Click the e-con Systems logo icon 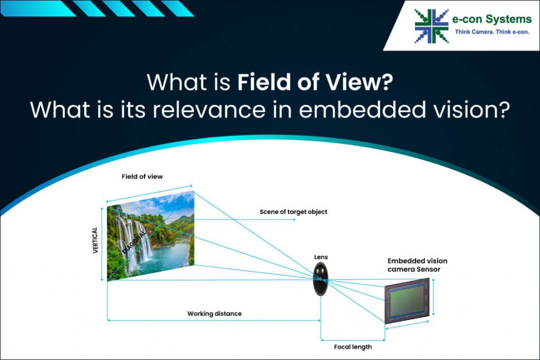431,26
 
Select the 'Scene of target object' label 293,212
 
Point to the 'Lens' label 321,257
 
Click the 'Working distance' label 214,314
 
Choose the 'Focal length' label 353,347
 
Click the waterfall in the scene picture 129,237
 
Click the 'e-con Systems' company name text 492,20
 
